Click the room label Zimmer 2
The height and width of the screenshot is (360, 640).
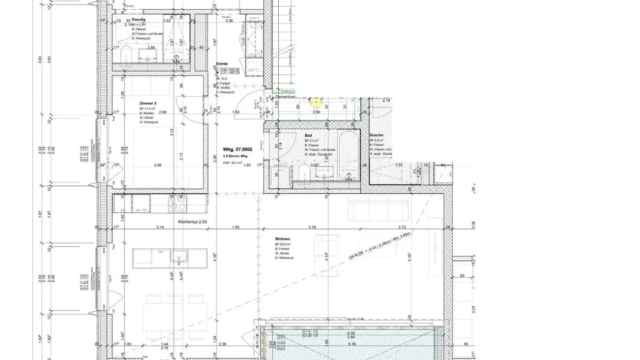(148, 103)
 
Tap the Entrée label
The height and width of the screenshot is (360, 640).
(222, 64)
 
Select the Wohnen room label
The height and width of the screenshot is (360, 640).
(282, 239)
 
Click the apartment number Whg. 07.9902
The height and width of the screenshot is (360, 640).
(237, 150)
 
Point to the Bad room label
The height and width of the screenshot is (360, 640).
(308, 136)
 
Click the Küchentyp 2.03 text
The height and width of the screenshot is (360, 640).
(192, 222)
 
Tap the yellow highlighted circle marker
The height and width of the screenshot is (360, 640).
(316, 103)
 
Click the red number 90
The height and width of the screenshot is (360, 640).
(344, 107)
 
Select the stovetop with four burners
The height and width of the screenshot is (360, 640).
(178, 203)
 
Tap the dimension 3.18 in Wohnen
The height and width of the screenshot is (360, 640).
(312, 227)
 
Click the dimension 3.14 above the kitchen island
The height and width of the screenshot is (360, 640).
(160, 227)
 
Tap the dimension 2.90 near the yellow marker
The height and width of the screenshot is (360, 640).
(316, 112)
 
